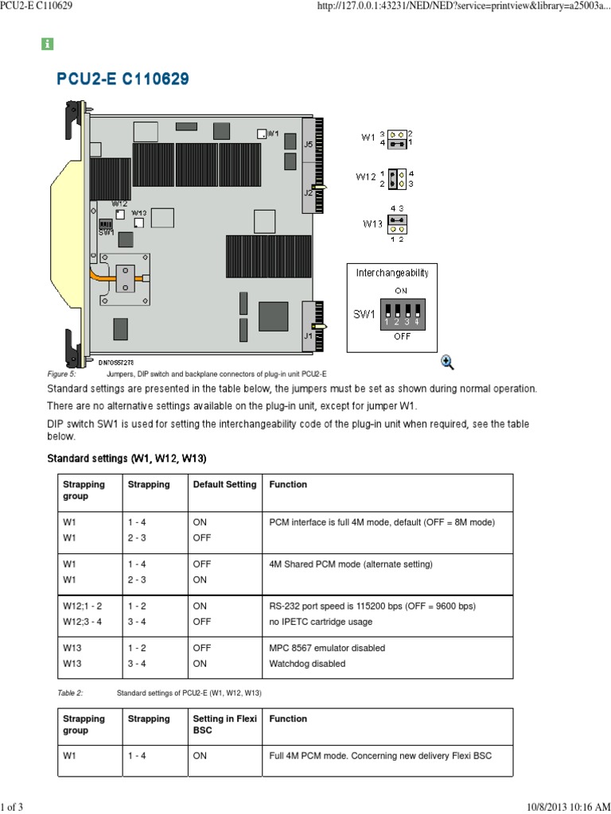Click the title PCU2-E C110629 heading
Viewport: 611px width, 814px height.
point(123,79)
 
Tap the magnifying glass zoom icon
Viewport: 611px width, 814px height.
point(447,362)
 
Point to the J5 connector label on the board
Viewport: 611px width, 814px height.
point(309,144)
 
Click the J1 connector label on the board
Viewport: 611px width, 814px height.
point(308,335)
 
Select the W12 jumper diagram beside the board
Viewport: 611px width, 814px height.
point(399,178)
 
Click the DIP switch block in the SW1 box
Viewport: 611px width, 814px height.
point(401,315)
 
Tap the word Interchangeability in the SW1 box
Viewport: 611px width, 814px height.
point(391,273)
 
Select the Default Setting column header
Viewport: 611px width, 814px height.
point(224,484)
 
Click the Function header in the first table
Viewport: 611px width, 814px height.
point(288,484)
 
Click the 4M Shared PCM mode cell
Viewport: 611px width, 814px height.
point(351,564)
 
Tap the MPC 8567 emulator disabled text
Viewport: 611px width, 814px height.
point(327,648)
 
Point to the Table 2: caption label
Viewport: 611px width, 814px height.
point(70,693)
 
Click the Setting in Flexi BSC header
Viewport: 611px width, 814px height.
point(224,724)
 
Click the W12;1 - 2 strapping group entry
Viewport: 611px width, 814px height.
point(83,606)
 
